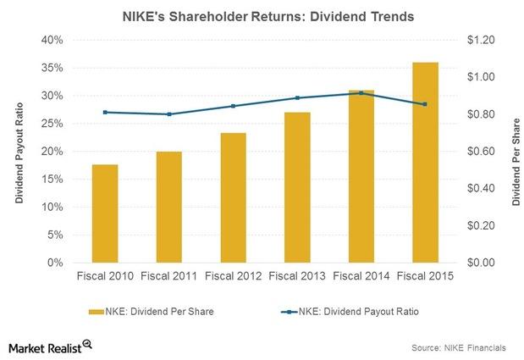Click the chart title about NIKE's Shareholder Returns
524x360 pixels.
tap(262, 14)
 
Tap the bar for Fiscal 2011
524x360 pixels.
tap(168, 208)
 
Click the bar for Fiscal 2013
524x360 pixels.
tap(297, 187)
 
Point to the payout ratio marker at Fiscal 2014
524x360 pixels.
tap(361, 93)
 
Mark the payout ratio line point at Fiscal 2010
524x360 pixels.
tap(104, 112)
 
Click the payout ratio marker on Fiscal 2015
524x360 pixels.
tap(426, 104)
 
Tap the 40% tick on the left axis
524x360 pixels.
tap(52, 40)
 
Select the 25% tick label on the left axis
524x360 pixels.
tap(52, 124)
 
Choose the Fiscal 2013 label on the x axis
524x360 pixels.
tap(297, 276)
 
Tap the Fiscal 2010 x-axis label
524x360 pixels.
tap(104, 276)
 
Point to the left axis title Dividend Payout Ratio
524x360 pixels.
tap(18, 152)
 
